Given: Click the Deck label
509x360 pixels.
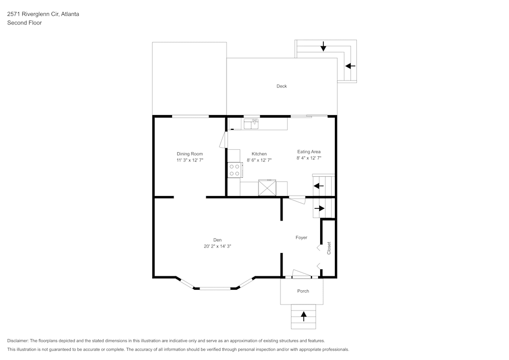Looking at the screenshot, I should tap(281, 86).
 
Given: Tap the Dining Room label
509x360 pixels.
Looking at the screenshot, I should tap(190, 154).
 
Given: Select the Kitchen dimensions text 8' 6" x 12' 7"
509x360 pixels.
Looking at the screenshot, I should tap(259, 160).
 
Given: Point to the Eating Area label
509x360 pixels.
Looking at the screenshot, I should tap(309, 152).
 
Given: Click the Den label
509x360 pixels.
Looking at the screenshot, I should tap(217, 240).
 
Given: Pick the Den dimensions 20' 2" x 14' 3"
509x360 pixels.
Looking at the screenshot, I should tap(217, 246).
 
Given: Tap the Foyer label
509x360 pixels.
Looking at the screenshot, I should tap(301, 237).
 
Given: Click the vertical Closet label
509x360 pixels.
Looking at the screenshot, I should tap(329, 248).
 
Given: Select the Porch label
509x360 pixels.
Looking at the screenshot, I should tap(303, 291).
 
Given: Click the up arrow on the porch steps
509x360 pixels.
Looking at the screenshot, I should tap(304, 316).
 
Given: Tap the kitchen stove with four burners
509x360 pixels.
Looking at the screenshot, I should tap(235, 170).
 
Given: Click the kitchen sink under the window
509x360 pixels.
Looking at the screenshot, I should tap(251, 123).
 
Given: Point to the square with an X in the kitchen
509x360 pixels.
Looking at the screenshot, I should tap(267, 188).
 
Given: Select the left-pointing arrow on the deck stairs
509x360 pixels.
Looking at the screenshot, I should tap(350, 66).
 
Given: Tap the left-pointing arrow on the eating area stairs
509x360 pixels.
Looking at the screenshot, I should tap(319, 186).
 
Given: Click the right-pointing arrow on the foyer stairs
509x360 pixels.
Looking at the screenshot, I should tap(319, 208).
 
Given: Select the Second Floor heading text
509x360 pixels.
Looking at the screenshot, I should tap(24, 23).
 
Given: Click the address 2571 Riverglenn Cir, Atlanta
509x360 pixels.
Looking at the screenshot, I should tap(43, 14).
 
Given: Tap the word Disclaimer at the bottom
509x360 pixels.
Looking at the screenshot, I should tap(18, 341).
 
